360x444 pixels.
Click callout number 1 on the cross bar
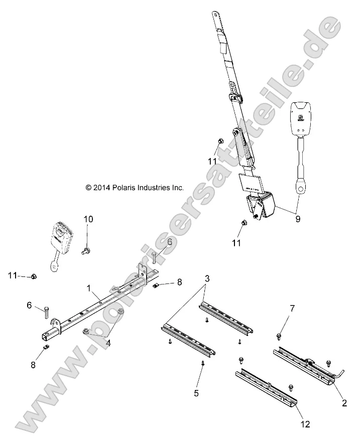(88, 289)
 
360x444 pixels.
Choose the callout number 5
(196, 393)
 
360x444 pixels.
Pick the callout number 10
(88, 219)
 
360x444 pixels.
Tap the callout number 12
(305, 424)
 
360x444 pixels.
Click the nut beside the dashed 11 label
(33, 276)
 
